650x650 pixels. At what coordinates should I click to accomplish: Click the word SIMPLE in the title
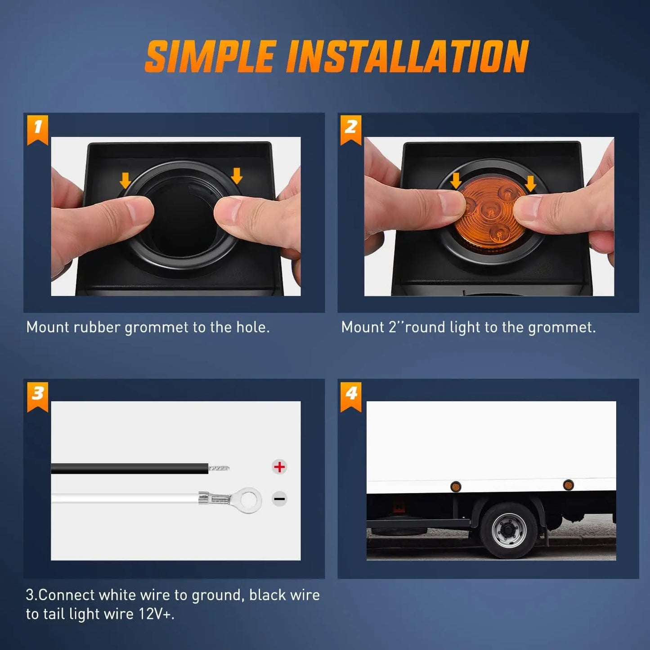pos(210,56)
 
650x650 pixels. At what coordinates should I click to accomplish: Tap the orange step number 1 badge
pos(37,130)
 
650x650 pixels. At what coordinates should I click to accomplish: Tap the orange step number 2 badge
pos(351,130)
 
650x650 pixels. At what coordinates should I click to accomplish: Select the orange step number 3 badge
pos(37,397)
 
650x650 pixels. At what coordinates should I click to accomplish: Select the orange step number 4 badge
pos(351,397)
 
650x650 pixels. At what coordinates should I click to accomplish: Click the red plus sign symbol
pos(279,467)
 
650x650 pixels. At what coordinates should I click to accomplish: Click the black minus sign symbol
pos(279,499)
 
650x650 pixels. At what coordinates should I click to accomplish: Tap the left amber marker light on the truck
pos(456,487)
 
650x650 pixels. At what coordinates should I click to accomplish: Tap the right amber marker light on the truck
pos(569,485)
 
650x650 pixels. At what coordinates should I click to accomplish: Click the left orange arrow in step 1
pos(126,180)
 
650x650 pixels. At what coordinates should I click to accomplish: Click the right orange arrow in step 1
pos(237,176)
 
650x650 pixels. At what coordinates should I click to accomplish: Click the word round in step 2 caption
pos(425,327)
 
